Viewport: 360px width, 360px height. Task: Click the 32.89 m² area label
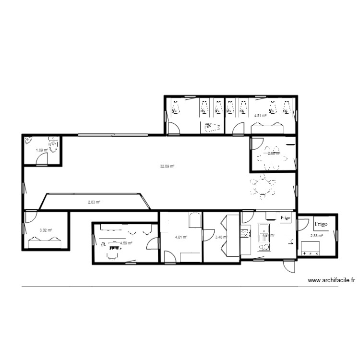167,166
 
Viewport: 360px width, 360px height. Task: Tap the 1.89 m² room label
42,150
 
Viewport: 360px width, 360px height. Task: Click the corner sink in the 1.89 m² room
28,141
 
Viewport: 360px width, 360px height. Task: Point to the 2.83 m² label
94,202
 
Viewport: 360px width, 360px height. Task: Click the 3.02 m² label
46,230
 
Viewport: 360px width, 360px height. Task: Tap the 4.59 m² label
126,243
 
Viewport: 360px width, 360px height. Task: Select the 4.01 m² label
180,237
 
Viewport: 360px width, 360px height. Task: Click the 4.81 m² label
260,115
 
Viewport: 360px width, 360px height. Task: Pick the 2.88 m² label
316,236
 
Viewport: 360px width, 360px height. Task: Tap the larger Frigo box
321,224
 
